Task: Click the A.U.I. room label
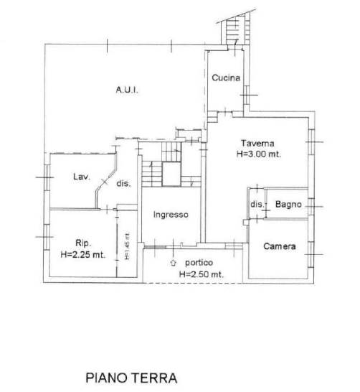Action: coord(127,90)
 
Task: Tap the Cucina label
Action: coord(226,78)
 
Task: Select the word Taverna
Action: coord(258,144)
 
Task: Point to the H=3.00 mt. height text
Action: coord(259,154)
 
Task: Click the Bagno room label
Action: coord(288,205)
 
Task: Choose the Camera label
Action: coord(280,246)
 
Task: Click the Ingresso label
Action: coord(171,215)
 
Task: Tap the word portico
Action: coord(199,263)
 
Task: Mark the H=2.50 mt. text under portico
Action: coord(202,274)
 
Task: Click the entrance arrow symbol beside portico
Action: coord(173,263)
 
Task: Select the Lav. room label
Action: coord(82,177)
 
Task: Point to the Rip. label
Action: coord(83,243)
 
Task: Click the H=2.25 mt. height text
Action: coord(83,254)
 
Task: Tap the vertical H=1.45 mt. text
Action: coord(128,246)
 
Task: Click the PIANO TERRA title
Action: coord(131,378)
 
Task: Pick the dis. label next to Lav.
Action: coord(123,184)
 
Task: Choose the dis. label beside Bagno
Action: coord(257,204)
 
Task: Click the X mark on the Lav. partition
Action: coord(105,182)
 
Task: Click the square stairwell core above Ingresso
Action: coord(171,174)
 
